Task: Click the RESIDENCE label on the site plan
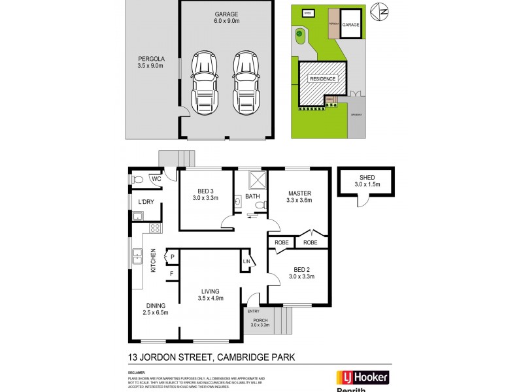pos(323,79)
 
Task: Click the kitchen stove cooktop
pos(156,228)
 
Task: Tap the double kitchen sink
pos(137,257)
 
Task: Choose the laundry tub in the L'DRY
pos(138,216)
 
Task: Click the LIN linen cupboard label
pos(246,261)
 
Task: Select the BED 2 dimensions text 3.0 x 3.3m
pos(303,276)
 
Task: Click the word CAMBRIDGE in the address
pos(241,357)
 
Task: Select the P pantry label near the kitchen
pos(173,257)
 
